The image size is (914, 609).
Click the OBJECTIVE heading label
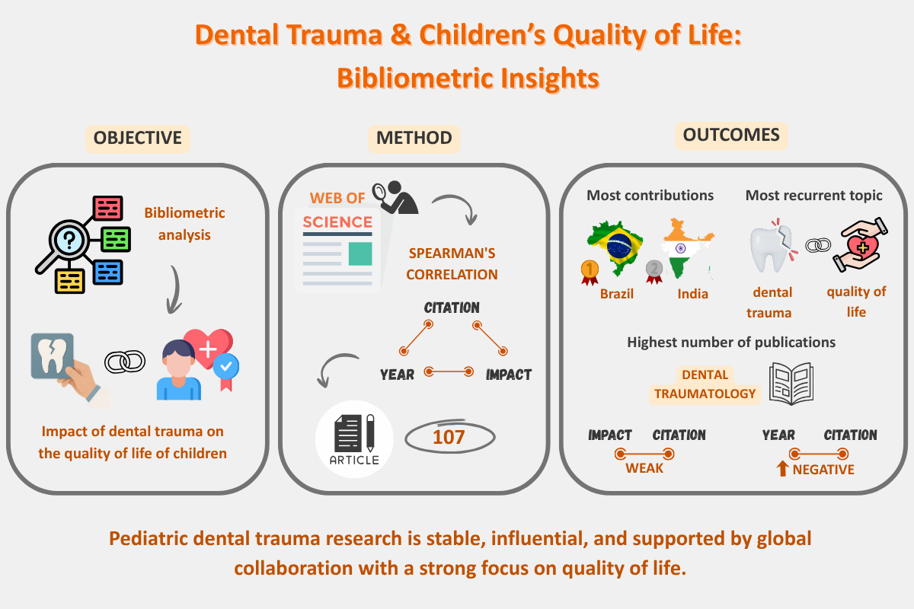point(138,139)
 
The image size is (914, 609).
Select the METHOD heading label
point(414,139)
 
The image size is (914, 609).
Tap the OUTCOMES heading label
point(731,136)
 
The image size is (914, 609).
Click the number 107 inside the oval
point(449,437)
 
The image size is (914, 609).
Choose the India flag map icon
point(687,249)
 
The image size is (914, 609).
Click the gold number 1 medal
point(590,272)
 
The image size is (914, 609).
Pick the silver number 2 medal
point(654,272)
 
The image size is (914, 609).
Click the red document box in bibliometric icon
point(107,208)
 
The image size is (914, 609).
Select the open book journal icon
point(791,384)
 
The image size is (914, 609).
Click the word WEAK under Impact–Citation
point(644,468)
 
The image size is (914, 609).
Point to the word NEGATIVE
point(823,470)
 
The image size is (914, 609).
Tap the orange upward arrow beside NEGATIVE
point(782,468)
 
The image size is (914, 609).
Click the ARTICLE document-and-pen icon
point(354,439)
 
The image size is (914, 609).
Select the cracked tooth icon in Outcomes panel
point(773,246)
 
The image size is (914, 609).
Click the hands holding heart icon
point(860,244)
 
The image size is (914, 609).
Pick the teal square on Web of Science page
point(360,253)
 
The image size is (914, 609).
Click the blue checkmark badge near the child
point(226,367)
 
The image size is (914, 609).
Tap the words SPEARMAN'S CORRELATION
point(452,264)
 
